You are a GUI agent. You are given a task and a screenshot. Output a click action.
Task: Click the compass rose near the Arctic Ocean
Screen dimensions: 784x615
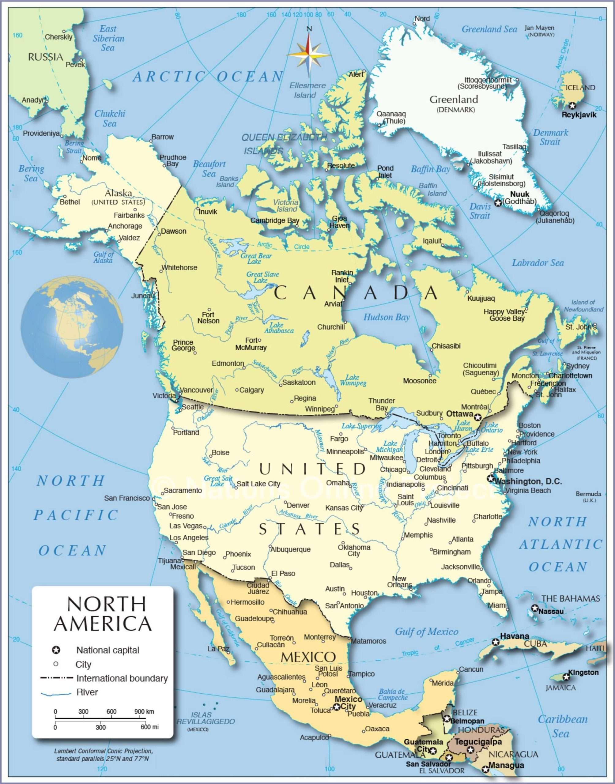(309, 54)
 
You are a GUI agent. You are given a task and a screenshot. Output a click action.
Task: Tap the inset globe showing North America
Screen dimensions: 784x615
(72, 327)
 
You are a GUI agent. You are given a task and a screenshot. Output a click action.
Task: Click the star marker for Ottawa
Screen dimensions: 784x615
(477, 417)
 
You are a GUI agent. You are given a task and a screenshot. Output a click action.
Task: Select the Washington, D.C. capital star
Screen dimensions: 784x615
(490, 478)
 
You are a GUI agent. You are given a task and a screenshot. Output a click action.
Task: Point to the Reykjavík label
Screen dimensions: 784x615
(579, 115)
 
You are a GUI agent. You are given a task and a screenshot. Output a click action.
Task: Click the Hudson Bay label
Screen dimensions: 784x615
(386, 317)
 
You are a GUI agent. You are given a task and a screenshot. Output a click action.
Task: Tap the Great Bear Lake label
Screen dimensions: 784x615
(256, 258)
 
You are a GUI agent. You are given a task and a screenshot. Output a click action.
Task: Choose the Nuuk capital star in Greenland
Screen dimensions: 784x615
(498, 203)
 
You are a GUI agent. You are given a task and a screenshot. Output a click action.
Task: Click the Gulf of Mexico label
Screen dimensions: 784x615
(427, 632)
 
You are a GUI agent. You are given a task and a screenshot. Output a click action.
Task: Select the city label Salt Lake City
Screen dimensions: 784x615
(258, 484)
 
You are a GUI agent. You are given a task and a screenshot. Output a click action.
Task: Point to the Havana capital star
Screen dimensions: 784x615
(496, 642)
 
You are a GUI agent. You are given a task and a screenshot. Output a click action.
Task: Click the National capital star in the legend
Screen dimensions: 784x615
(56, 650)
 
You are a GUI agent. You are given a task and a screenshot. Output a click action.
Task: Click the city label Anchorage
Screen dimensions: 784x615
(125, 226)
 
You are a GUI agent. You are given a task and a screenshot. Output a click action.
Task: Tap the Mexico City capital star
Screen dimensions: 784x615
(337, 707)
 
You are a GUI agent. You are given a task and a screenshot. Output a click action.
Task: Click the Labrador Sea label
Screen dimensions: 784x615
(538, 263)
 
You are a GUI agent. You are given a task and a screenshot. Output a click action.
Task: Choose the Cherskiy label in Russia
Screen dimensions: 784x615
(58, 37)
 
